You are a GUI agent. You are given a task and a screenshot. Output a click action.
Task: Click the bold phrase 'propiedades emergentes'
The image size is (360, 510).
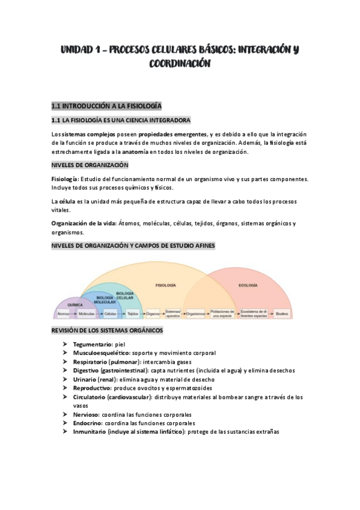click(x=172, y=134)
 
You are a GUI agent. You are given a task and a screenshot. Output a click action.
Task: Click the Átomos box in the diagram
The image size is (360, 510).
click(x=63, y=314)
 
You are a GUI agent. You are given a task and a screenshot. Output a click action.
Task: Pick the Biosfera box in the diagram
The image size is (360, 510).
click(x=281, y=314)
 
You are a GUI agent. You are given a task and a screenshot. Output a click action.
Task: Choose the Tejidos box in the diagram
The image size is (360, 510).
click(x=133, y=314)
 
